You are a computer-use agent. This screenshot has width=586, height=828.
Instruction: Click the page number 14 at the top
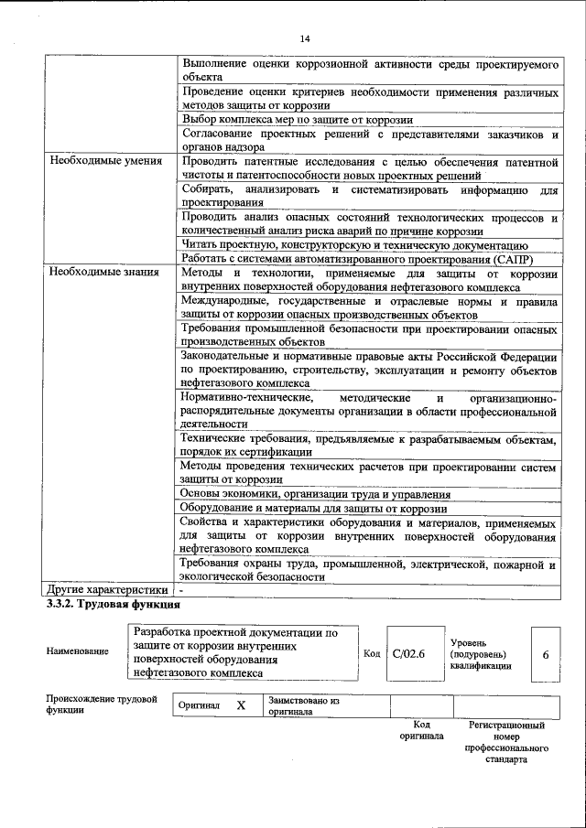pos(305,38)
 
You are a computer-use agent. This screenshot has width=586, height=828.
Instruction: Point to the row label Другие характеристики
pos(107,590)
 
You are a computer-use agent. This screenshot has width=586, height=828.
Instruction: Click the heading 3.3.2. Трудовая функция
pos(114,605)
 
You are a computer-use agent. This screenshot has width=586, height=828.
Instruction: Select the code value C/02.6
pos(408,653)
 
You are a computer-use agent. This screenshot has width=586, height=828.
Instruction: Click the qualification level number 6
pos(546,653)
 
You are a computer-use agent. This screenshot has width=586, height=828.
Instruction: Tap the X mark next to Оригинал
pos(242,706)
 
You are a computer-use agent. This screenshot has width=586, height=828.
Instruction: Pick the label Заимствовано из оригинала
pos(298,706)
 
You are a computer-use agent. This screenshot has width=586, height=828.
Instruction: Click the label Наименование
pos(76,651)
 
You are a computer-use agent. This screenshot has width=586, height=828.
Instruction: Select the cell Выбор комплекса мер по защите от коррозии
pos(298,120)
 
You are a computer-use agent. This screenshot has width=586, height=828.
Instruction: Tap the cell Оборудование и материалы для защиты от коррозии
pos(313,509)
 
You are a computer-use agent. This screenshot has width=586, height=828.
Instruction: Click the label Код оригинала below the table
pos(421,730)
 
